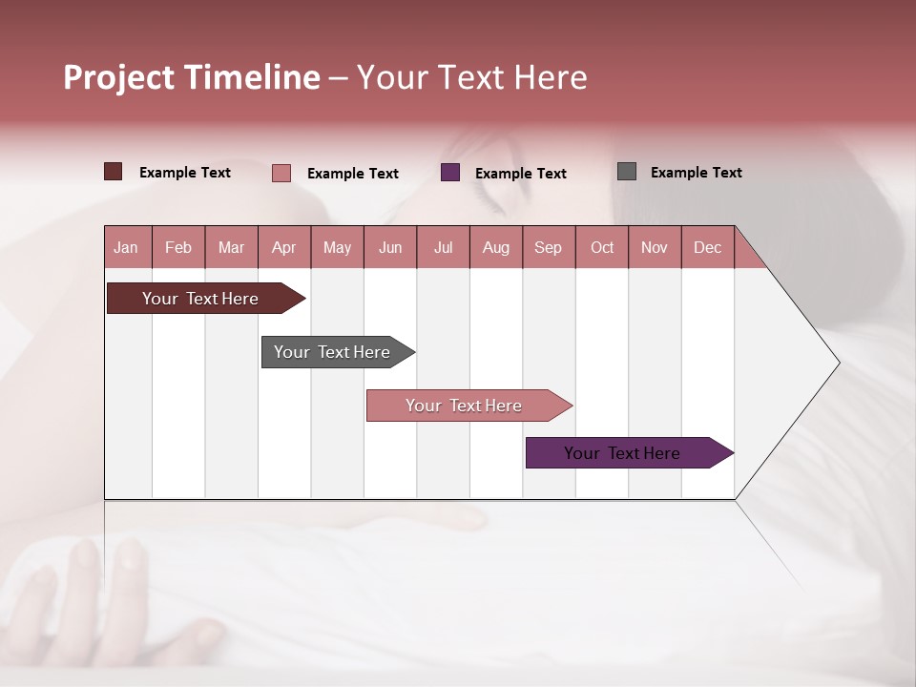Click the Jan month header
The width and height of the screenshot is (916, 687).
126,247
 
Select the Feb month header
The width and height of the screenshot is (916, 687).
178,247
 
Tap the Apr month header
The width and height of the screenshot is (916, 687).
283,247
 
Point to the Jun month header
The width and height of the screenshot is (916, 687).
390,247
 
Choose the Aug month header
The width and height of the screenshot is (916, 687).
496,247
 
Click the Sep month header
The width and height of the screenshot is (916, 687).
548,247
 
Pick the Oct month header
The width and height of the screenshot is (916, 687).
602,247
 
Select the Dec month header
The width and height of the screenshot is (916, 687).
707,247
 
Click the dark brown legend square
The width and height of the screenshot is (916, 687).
113,172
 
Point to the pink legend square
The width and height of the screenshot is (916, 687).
281,173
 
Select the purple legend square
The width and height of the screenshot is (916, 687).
450,173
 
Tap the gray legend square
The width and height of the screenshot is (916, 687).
627,172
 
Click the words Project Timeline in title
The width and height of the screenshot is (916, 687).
191,77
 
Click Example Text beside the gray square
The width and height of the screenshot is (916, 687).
696,173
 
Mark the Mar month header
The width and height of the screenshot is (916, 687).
231,247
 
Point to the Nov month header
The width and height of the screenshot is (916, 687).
655,247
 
